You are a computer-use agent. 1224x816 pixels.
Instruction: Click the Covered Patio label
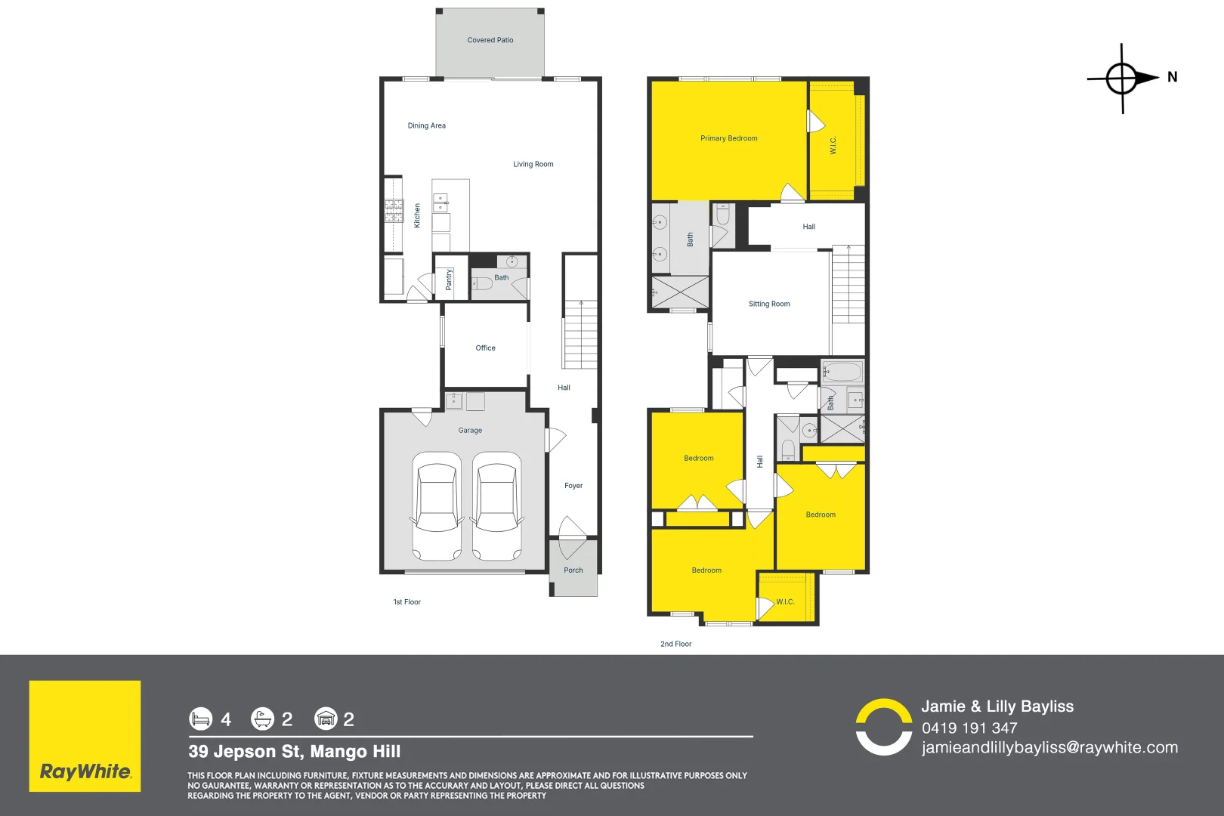click(490, 40)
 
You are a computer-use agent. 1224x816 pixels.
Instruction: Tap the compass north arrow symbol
click(1124, 78)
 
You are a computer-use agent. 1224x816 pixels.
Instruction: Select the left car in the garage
click(436, 505)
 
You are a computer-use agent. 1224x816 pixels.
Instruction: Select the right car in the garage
click(496, 505)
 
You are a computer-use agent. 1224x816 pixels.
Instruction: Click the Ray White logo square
click(85, 736)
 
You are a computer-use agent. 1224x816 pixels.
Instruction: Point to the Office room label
click(485, 348)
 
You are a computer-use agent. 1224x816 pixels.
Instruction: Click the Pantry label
click(449, 280)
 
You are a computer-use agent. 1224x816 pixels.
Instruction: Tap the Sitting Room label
click(769, 304)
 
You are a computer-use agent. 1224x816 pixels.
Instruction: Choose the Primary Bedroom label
click(728, 138)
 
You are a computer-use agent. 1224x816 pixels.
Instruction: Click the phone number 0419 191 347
click(969, 728)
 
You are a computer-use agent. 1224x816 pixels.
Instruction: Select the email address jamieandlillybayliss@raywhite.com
click(1049, 747)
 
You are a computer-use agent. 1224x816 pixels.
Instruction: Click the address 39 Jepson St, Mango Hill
click(295, 751)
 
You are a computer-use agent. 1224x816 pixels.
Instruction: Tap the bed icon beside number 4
click(201, 719)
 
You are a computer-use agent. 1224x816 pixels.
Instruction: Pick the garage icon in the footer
click(326, 719)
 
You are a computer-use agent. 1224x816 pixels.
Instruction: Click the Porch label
click(573, 570)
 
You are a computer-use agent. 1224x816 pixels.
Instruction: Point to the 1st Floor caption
click(406, 602)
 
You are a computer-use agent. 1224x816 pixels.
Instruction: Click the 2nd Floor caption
click(675, 644)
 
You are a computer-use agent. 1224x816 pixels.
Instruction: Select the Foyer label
click(573, 486)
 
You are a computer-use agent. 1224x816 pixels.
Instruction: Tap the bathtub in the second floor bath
click(842, 372)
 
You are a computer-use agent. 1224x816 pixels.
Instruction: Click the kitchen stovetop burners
click(394, 210)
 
